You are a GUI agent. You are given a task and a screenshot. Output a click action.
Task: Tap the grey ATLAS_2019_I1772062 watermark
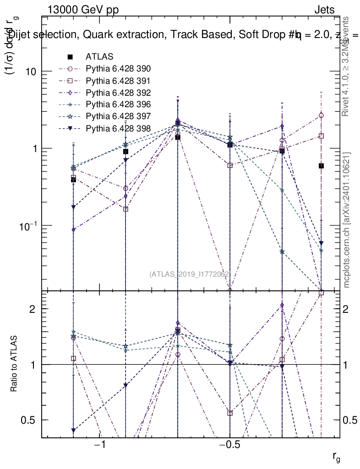click(189, 274)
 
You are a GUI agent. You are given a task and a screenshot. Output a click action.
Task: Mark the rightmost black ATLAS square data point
click(322, 166)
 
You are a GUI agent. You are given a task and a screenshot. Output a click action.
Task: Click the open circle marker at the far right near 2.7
click(322, 115)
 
